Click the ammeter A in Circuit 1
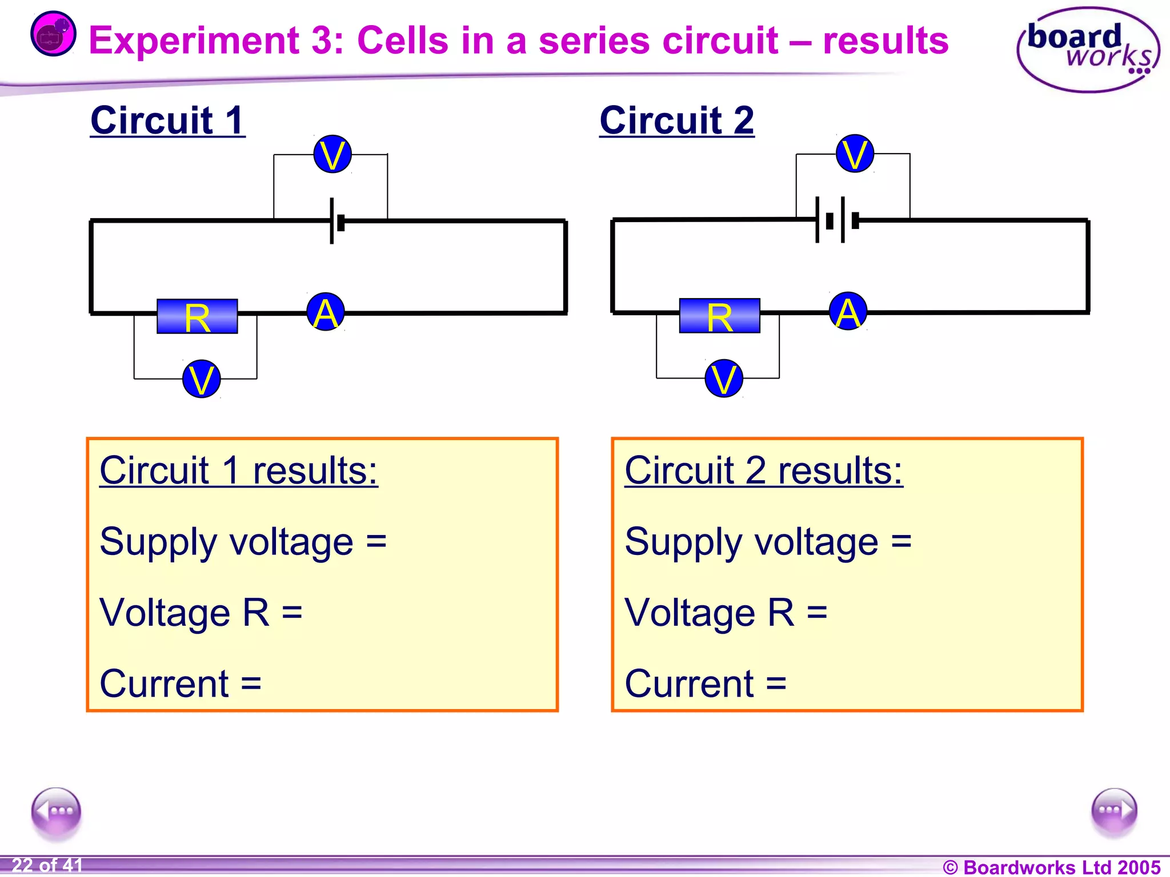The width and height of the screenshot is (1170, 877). pos(326,312)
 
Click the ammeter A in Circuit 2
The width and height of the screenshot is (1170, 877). pos(848,312)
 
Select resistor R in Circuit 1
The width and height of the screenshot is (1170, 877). pos(197,316)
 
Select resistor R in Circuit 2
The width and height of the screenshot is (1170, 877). pos(719,316)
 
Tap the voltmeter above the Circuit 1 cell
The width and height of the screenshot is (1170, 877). pos(332,154)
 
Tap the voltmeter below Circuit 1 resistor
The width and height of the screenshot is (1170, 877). pos(201,379)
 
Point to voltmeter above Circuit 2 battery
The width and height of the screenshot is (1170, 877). pos(855,154)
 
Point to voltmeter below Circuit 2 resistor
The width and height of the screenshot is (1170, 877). pos(724,379)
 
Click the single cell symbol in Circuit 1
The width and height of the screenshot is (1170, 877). pos(336,222)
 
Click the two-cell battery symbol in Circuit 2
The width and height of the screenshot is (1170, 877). pos(838,220)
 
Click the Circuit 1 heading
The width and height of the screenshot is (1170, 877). pos(167,120)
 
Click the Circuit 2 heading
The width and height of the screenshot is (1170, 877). pos(676,120)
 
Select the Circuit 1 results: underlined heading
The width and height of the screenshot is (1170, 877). pos(238,471)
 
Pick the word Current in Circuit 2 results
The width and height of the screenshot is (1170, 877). pos(690,683)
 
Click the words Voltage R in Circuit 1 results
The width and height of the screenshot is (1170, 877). pos(184,613)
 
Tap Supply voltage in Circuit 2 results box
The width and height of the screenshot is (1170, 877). pos(751,542)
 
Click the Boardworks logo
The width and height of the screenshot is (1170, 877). pos(1088,50)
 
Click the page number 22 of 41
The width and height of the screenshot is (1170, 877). pos(47,865)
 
